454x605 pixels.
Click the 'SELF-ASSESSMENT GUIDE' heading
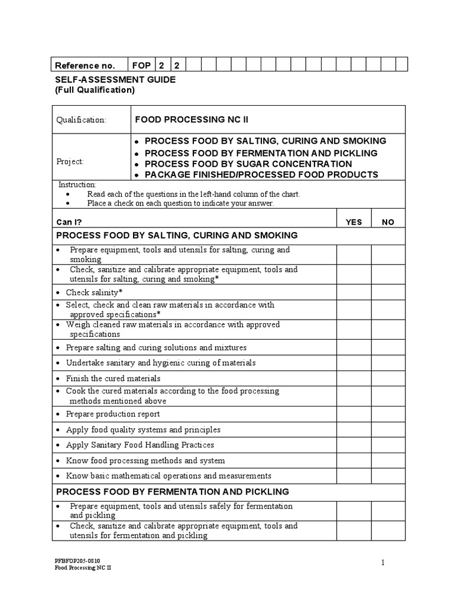(115, 79)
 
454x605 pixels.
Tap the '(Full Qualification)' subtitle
(95, 90)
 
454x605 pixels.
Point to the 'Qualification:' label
(81, 120)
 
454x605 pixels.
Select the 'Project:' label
(70, 161)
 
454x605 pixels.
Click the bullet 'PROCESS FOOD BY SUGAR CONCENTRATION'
(248, 164)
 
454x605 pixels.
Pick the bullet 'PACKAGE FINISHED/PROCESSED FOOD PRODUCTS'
(261, 175)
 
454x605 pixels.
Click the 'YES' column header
(354, 222)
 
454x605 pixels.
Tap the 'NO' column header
(388, 222)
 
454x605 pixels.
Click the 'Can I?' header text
(69, 222)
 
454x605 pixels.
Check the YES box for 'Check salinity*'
(354, 292)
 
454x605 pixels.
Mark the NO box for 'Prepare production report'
(388, 414)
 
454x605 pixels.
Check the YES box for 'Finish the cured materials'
(354, 378)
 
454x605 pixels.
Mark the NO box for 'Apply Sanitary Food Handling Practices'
(388, 445)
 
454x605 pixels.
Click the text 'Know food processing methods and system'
(145, 460)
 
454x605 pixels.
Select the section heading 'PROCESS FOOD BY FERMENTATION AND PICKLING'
(172, 492)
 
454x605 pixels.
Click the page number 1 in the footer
(384, 563)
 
